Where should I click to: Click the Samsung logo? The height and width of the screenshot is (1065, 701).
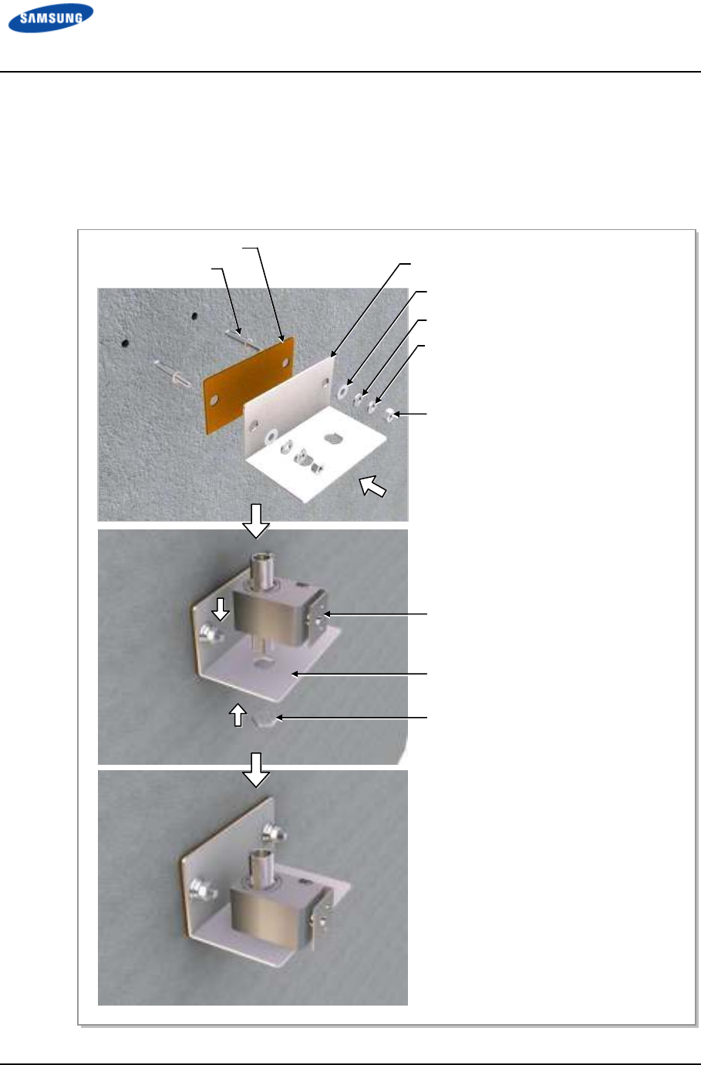coord(51,18)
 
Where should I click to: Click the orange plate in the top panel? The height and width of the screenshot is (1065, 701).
coord(248,384)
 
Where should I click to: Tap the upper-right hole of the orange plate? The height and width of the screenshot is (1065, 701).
coord(285,362)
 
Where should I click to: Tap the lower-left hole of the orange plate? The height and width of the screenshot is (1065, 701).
coord(214,400)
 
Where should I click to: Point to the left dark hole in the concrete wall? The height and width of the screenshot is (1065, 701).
coord(125,343)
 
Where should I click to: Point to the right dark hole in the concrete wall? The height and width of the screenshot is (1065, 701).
coord(194,316)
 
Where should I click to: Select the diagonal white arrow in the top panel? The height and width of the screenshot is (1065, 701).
coord(372,486)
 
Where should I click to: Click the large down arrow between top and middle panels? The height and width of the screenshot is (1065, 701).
coord(256,521)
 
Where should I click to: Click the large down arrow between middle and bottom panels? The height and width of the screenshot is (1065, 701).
coord(256,769)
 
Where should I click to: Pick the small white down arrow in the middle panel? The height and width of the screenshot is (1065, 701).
coord(220,609)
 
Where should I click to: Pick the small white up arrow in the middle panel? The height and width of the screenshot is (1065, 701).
coord(238,715)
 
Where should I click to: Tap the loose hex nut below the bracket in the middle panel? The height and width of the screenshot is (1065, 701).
coord(265,722)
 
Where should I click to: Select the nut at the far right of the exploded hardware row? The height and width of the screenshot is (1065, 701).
coord(390,414)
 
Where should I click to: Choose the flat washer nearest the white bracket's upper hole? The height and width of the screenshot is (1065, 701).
coord(342,390)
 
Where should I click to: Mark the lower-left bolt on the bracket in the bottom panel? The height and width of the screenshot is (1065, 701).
coord(201,887)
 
